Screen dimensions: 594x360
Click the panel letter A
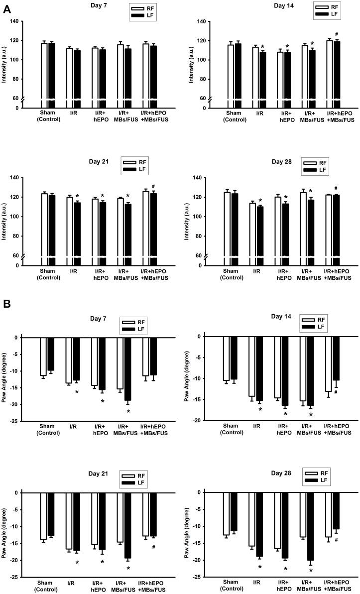[x=7, y=7]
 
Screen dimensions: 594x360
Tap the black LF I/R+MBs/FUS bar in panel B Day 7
[x=128, y=369]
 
